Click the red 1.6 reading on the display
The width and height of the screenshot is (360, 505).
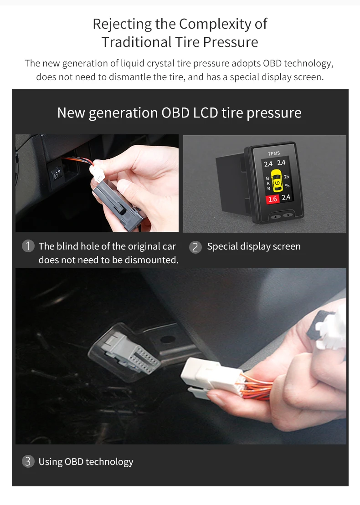273,199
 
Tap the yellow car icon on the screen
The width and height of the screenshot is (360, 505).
276,180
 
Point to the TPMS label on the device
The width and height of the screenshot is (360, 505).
274,153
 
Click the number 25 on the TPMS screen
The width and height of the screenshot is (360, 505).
286,176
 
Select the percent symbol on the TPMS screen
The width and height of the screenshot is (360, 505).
287,186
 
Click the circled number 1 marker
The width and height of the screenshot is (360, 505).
28,246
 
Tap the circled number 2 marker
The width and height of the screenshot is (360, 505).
195,247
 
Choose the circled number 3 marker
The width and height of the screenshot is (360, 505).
28,461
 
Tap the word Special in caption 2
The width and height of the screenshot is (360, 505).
223,247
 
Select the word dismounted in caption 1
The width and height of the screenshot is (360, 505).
153,260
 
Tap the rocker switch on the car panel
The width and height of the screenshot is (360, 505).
57,173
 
